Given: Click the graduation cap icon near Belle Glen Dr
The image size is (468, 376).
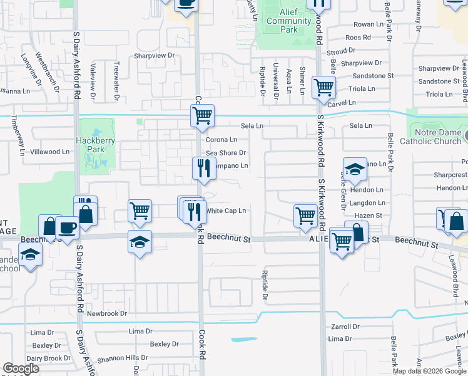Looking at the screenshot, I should (354, 169).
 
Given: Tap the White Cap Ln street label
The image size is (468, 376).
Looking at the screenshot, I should (226, 211).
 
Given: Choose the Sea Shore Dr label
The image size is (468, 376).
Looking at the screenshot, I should (226, 153).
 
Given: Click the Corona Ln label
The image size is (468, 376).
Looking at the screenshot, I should (221, 140).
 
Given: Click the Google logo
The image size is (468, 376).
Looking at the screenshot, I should (21, 368).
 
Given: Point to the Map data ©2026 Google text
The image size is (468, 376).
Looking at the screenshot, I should (429, 371).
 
